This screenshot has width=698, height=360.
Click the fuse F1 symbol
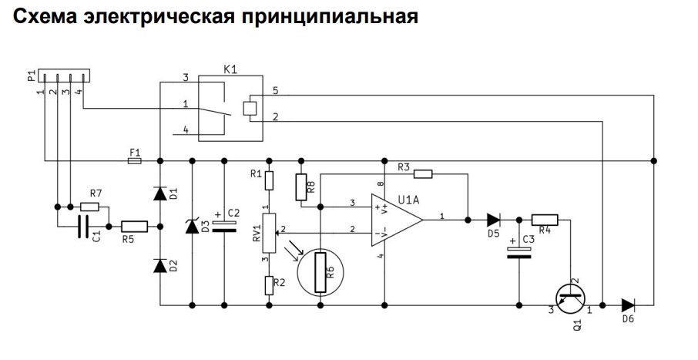(134, 160)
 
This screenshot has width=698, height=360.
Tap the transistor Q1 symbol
(570, 298)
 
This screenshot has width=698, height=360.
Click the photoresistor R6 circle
(320, 273)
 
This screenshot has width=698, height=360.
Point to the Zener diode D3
(193, 227)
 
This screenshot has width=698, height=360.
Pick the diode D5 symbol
(493, 220)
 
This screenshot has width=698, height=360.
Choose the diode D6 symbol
(628, 305)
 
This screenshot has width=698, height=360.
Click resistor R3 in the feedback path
(423, 174)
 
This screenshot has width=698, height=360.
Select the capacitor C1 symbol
(82, 227)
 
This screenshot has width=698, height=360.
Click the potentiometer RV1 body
(270, 232)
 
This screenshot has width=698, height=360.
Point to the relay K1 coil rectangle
(250, 108)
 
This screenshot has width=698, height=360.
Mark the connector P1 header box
(64, 76)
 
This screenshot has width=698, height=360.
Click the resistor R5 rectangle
(134, 227)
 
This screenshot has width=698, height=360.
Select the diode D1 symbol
(160, 193)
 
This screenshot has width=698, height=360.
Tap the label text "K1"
(230, 70)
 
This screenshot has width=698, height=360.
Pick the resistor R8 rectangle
(301, 187)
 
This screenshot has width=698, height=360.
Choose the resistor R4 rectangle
(545, 220)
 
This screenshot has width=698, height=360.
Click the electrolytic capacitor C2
(224, 227)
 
